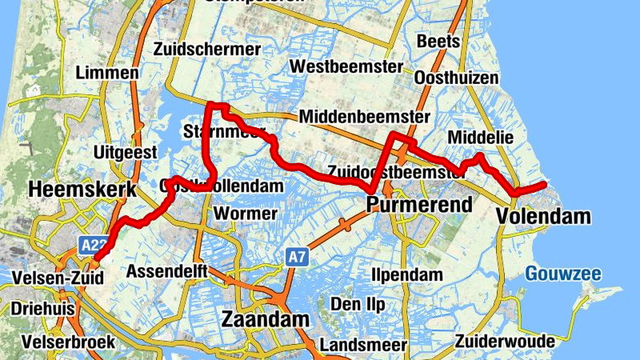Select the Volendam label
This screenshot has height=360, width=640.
point(543,216)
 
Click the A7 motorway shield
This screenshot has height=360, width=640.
point(297,257)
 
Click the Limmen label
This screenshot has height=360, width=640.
point(107,73)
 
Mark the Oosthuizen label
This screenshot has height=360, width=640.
point(457,78)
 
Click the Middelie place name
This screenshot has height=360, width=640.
point(481,138)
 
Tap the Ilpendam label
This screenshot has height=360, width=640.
point(407,275)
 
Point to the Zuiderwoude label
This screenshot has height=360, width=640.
point(505,342)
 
